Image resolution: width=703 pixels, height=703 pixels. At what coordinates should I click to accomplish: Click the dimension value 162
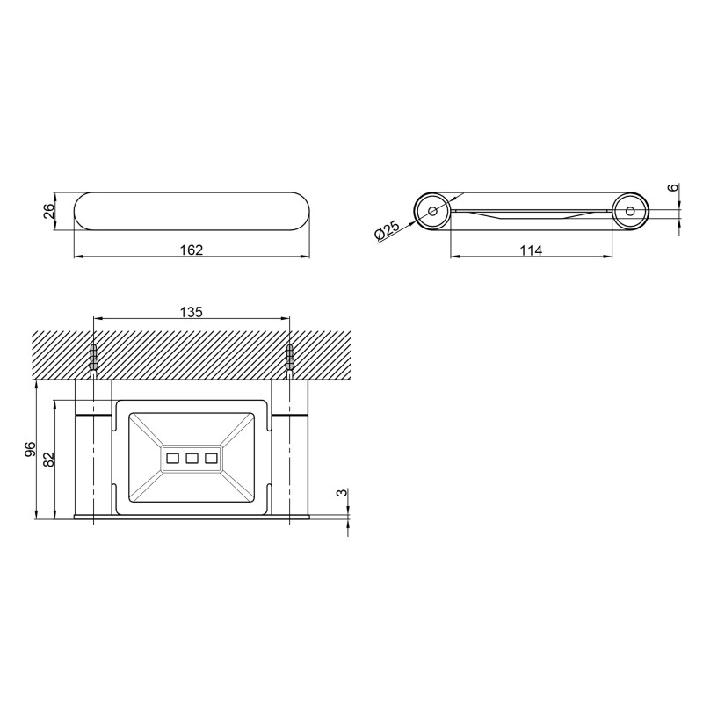(192, 250)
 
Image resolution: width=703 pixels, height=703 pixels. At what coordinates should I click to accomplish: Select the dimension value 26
(50, 211)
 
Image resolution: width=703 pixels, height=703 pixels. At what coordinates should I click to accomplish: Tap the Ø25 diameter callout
(387, 231)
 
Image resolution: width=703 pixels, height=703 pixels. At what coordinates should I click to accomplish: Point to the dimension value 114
(530, 250)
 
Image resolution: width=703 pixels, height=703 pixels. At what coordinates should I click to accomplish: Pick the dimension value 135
(192, 312)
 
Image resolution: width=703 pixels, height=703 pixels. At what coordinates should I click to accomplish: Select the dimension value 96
(29, 449)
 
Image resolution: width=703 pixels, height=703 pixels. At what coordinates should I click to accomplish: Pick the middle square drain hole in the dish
(191, 457)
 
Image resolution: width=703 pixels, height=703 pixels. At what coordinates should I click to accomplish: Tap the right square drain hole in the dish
(210, 457)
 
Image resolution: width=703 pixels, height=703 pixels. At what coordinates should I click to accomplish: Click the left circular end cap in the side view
(431, 211)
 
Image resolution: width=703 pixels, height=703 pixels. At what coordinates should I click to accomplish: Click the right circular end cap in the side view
(630, 211)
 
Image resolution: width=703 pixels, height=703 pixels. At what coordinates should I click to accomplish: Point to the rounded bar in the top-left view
(192, 211)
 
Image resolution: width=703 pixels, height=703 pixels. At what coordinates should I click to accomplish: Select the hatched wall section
(192, 356)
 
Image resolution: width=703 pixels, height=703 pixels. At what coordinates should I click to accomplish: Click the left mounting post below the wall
(93, 448)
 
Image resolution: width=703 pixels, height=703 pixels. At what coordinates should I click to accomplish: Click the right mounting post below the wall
(289, 448)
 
